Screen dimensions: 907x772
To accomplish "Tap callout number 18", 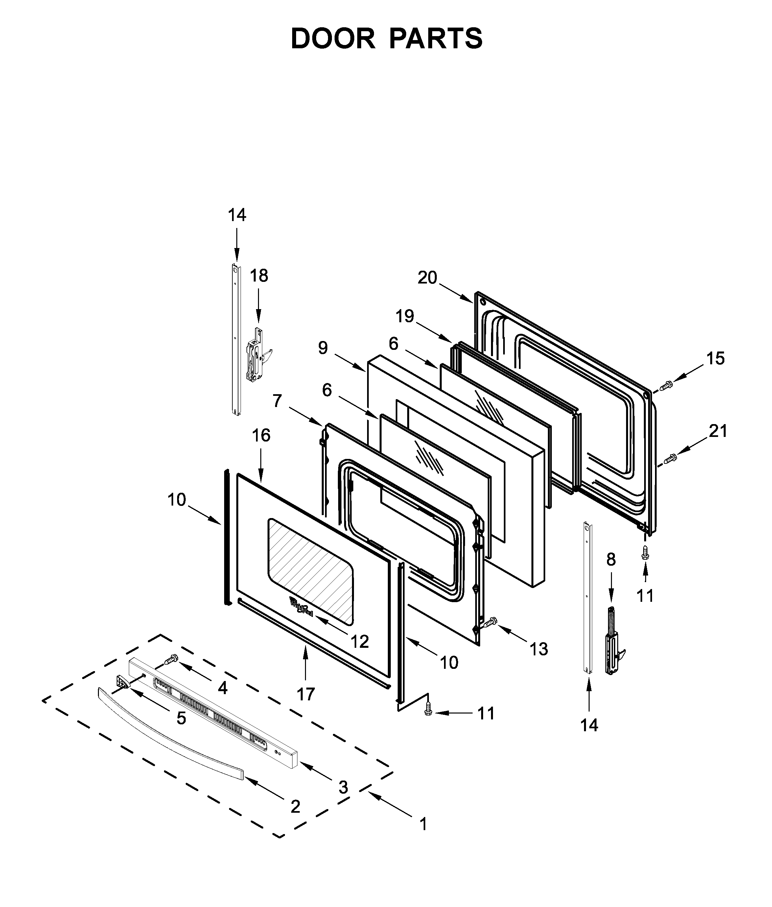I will tap(259, 276).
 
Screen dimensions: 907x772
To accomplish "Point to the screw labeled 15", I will tap(666, 386).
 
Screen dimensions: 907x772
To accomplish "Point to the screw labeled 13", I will tap(490, 622).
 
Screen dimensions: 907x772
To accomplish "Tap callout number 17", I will tap(305, 694).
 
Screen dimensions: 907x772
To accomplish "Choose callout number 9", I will tap(322, 348).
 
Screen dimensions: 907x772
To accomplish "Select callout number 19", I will tap(405, 316).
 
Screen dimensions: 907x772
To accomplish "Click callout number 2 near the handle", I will tap(295, 806).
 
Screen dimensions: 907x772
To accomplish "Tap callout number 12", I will tap(360, 642).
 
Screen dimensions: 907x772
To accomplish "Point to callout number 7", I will tap(277, 401).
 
